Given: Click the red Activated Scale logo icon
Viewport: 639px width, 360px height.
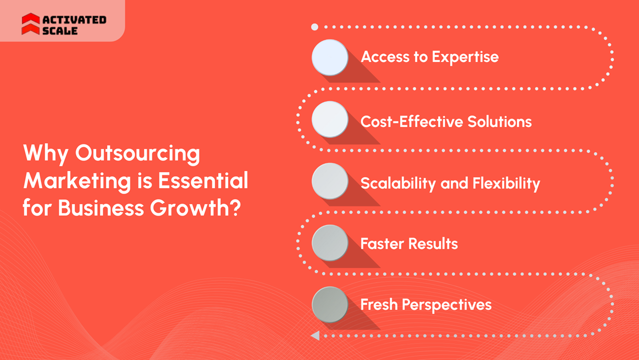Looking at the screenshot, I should pyautogui.click(x=30, y=24).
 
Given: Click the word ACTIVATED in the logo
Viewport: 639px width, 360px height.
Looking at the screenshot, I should pyautogui.click(x=74, y=20).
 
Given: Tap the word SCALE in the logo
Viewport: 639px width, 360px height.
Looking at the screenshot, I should pyautogui.click(x=60, y=31).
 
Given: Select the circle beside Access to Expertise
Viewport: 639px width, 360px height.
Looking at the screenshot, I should pyautogui.click(x=330, y=57).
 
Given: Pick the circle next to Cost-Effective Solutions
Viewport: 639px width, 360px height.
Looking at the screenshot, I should pyautogui.click(x=330, y=119).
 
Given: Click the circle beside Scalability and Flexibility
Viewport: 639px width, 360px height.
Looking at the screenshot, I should pyautogui.click(x=330, y=181).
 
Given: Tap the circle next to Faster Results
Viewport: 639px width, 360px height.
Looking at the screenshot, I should pyautogui.click(x=330, y=243).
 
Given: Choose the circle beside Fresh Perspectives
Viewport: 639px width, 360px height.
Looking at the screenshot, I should pyautogui.click(x=330, y=305).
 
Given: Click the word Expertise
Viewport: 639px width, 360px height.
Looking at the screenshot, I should pyautogui.click(x=465, y=57).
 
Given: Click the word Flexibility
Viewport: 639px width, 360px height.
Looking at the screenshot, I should pyautogui.click(x=506, y=183).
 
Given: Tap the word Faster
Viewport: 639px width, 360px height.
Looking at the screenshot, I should pyautogui.click(x=382, y=243).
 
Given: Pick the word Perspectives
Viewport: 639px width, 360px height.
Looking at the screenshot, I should pyautogui.click(x=447, y=305).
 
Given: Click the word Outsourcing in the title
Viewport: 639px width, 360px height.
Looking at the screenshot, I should pyautogui.click(x=137, y=154).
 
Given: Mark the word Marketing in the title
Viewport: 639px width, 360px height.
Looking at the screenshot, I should pyautogui.click(x=77, y=181).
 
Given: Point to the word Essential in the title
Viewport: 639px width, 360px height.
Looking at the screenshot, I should pyautogui.click(x=203, y=180).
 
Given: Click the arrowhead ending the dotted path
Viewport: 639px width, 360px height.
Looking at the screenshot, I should pyautogui.click(x=315, y=336).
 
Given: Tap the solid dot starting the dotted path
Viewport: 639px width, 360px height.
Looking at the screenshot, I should pyautogui.click(x=315, y=27).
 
